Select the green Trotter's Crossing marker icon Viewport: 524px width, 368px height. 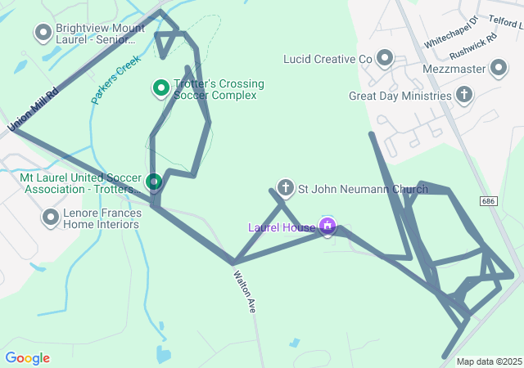pos(161,86)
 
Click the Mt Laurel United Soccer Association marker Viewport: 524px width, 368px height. pos(153,181)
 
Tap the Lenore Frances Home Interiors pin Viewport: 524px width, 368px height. pos(51,218)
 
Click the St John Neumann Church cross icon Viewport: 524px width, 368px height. pos(285,189)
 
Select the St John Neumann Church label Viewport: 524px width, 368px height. pos(362,190)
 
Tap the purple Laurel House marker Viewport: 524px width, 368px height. pos(328,225)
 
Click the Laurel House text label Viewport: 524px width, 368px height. pos(282,227)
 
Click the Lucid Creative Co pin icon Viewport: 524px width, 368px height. pos(384,58)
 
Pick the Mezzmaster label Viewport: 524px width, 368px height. pos(454,70)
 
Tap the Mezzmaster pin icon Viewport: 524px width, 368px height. pos(499,70)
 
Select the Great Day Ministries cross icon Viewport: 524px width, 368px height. pos(464,96)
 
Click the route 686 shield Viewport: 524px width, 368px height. pos(489,201)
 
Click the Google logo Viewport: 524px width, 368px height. pos(27,358)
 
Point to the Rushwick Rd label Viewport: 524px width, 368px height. pos(473,46)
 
